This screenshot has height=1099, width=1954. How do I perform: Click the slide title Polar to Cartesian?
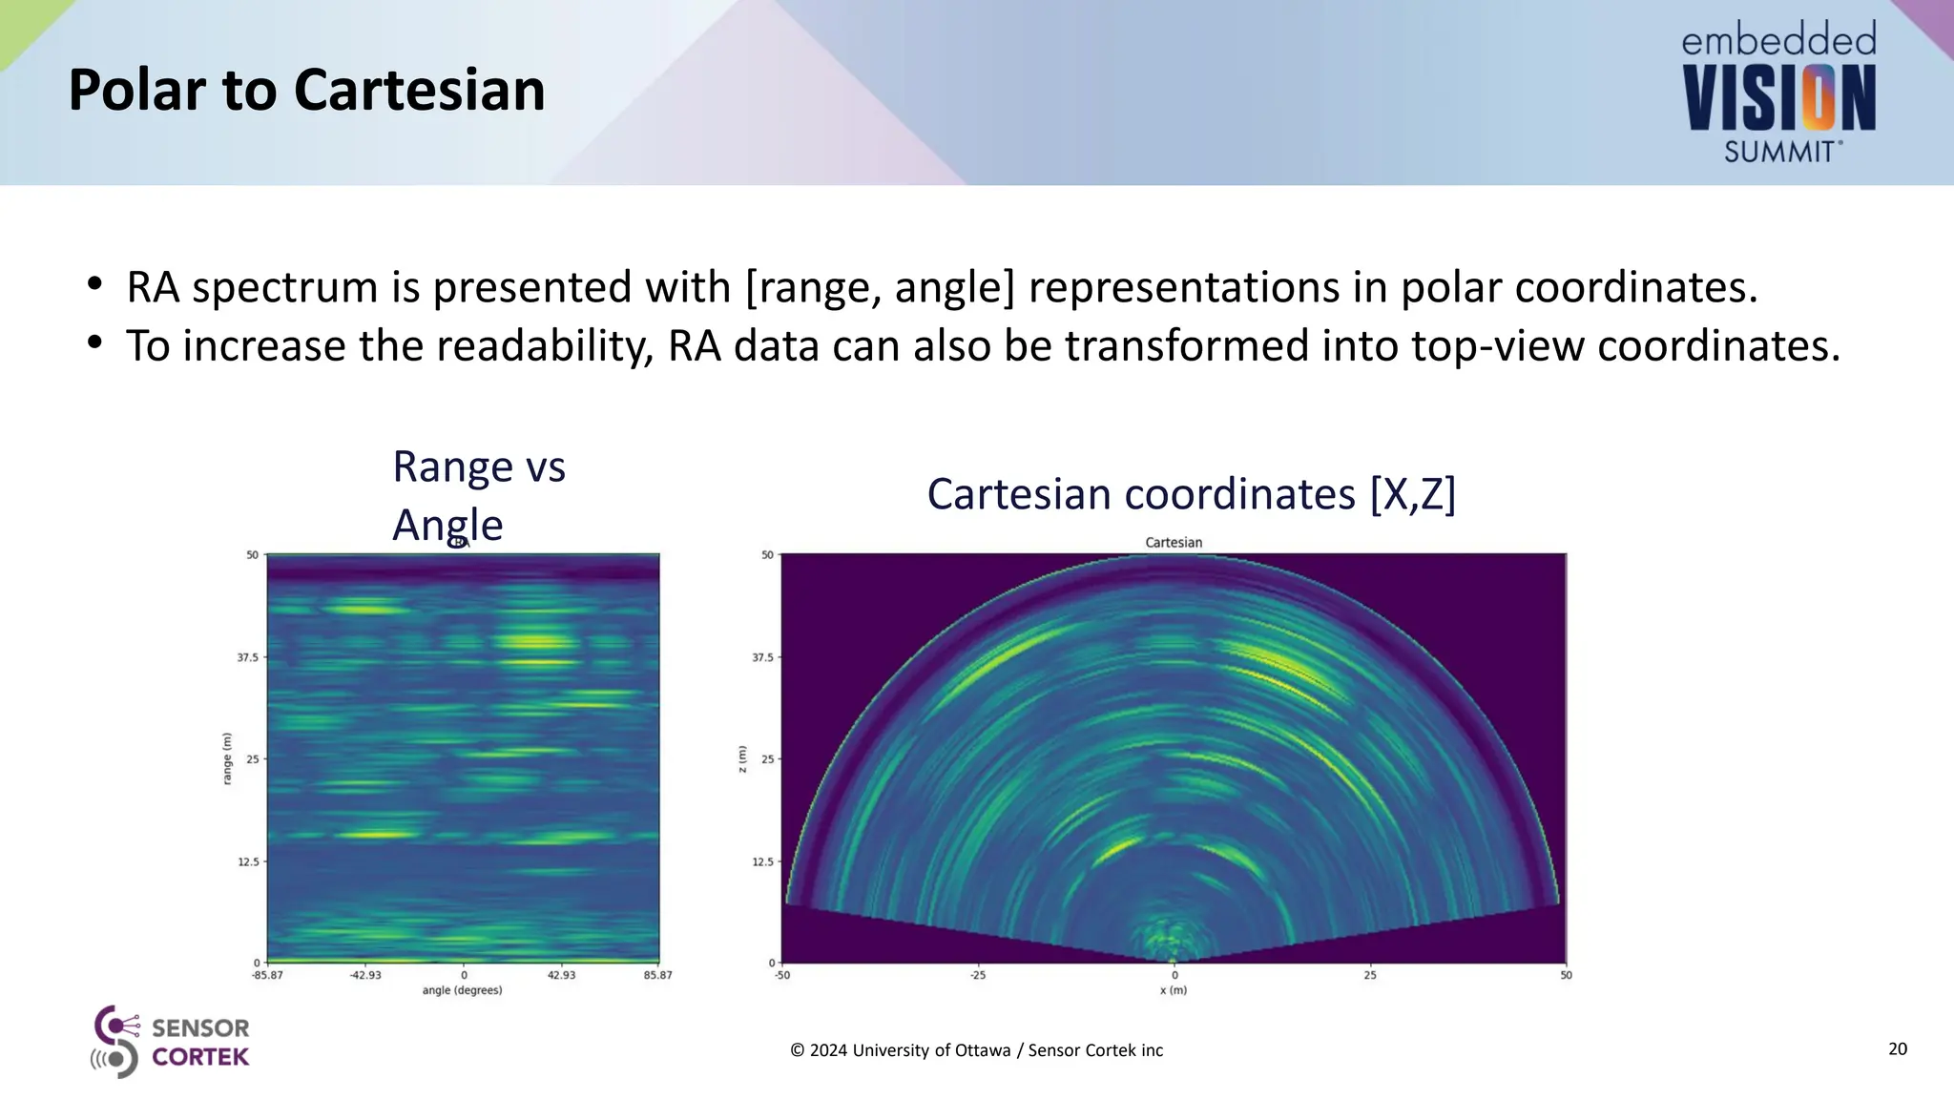[x=306, y=91]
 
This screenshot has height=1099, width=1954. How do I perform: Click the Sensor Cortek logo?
[x=171, y=1042]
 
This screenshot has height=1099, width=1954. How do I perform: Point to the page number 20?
[x=1897, y=1049]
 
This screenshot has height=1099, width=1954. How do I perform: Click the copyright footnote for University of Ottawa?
[x=976, y=1050]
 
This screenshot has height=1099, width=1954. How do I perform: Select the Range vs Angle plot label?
[x=478, y=495]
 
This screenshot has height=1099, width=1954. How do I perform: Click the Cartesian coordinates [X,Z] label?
[x=1191, y=494]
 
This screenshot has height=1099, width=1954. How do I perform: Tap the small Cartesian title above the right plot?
[x=1174, y=542]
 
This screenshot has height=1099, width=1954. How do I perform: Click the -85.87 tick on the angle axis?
[x=267, y=975]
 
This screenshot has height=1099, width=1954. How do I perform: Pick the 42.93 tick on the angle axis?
[x=561, y=975]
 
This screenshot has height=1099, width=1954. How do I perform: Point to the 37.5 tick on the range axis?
[x=247, y=657]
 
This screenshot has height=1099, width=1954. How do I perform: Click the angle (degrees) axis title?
[x=462, y=990]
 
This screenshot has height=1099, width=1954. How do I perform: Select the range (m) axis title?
[x=227, y=758]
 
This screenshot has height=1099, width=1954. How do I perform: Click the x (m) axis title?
[x=1174, y=990]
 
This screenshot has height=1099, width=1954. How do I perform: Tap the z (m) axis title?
[x=742, y=758]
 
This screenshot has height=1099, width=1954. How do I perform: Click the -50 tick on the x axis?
[x=781, y=975]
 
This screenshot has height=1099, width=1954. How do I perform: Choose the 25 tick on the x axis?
[x=1370, y=975]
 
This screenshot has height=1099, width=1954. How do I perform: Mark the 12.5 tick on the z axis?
[x=762, y=861]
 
